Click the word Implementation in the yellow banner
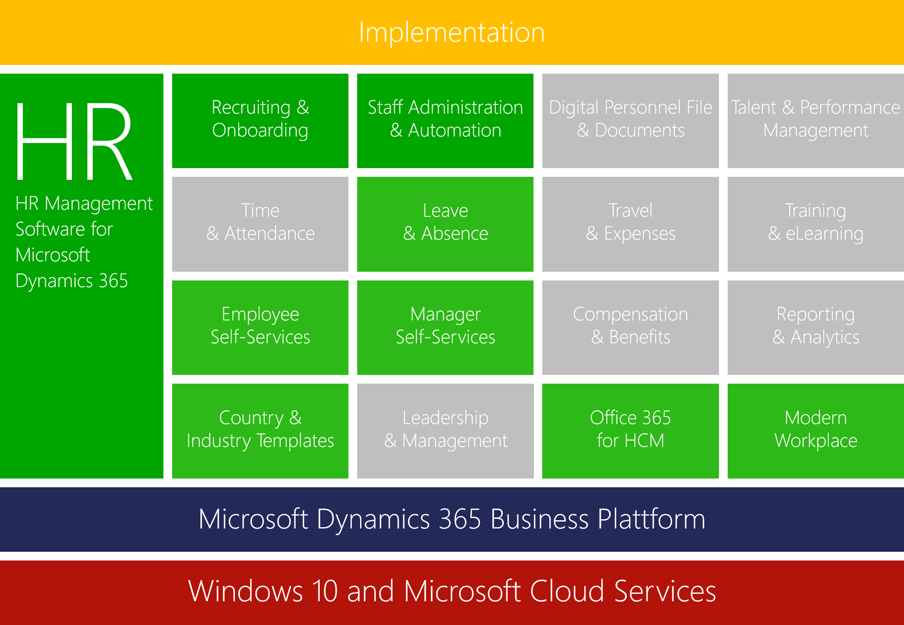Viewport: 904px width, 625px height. point(452,32)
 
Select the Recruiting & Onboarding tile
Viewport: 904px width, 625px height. point(260,121)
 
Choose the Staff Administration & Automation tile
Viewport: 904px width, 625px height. point(445,121)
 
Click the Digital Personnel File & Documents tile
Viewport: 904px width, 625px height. point(630,121)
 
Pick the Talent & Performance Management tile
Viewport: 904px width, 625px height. point(816,121)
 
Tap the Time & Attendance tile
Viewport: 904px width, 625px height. point(260,224)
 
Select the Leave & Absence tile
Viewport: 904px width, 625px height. point(445,224)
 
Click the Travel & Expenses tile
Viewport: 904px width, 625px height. point(630,224)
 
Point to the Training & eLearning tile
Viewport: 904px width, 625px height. point(816,224)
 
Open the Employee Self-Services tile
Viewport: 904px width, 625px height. point(260,327)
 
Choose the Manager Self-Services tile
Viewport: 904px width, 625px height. point(445,327)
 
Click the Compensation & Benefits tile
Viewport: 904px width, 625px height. point(630,327)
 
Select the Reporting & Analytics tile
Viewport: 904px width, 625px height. point(816,327)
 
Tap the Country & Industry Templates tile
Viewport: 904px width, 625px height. point(260,431)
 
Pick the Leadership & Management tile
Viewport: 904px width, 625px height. point(445,431)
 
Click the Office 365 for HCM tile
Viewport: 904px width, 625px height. point(630,431)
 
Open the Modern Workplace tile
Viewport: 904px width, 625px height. point(816,431)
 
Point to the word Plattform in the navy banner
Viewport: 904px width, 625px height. point(651,519)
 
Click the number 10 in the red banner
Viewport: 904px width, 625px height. point(325,591)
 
